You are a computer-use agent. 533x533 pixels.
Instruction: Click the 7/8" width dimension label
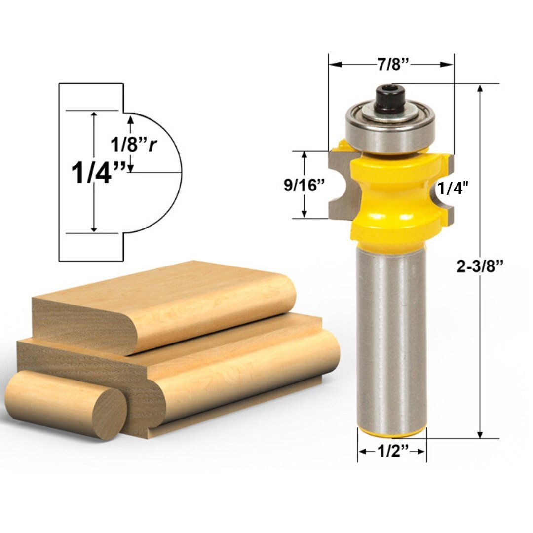391,65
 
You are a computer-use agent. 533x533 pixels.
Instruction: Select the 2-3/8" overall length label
479,266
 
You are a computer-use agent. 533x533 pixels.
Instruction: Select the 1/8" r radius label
133,145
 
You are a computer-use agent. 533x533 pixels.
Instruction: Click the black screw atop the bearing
389,99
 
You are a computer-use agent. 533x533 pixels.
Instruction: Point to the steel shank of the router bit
391,341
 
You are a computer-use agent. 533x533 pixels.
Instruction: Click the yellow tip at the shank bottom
391,433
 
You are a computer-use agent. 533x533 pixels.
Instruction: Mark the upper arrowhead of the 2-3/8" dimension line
480,88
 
